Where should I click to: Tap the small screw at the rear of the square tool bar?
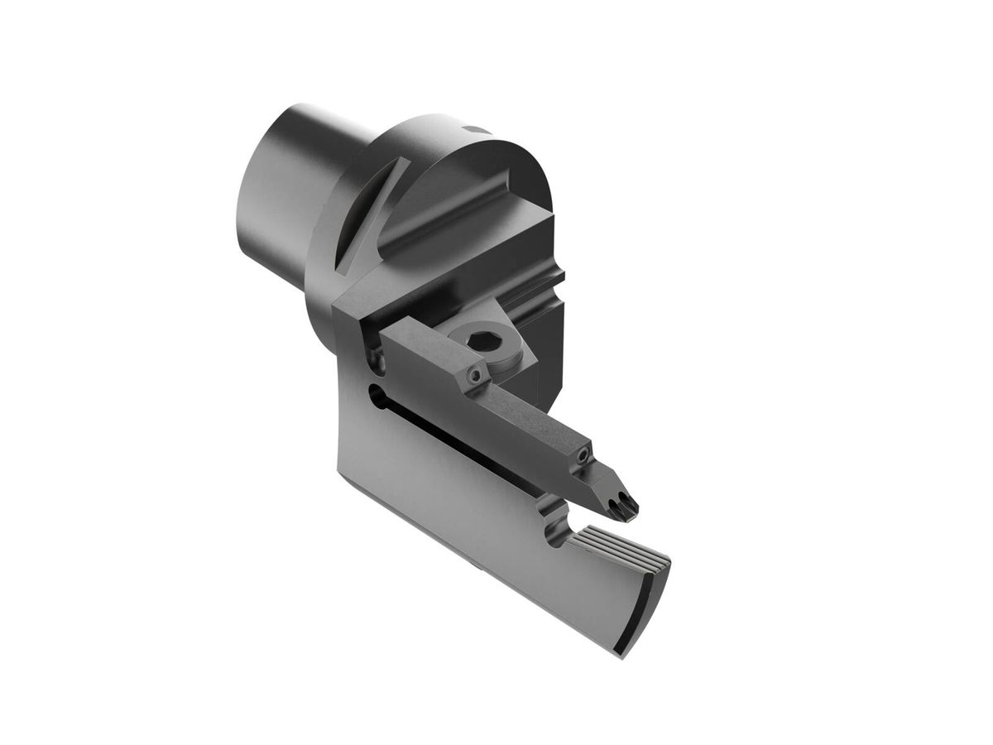coord(475,376)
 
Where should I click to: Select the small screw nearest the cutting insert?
coord(584,454)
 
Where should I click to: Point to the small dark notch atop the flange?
coord(475,129)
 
